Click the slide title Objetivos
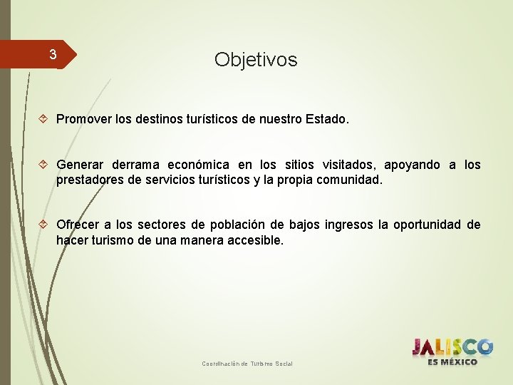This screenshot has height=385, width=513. [x=256, y=60]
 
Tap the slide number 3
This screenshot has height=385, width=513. [x=52, y=54]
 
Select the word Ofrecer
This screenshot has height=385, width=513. [x=80, y=225]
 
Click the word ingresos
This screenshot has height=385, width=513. [x=348, y=225]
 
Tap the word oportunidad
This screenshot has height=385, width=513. [x=427, y=225]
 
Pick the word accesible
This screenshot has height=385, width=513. [x=255, y=241]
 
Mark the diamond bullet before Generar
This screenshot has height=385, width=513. [x=44, y=165]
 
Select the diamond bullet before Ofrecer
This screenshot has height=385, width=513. [x=44, y=225]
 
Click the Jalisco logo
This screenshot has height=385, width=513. [x=452, y=347]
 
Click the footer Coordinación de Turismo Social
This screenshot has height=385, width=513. [x=247, y=364]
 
